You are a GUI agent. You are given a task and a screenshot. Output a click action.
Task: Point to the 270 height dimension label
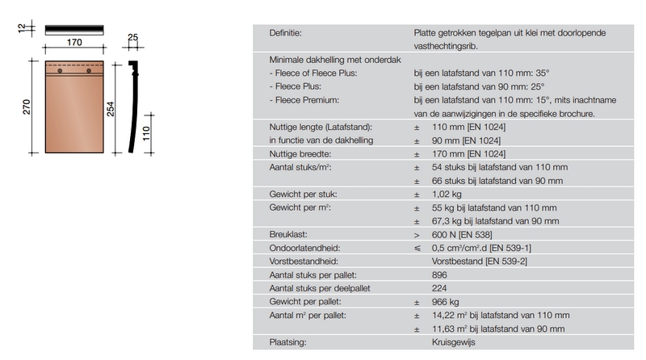(25, 107)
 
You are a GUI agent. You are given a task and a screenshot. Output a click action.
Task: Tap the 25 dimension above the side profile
(133, 37)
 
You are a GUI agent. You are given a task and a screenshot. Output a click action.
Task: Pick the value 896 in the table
(441, 274)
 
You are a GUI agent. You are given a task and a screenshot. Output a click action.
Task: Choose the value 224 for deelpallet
(441, 287)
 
